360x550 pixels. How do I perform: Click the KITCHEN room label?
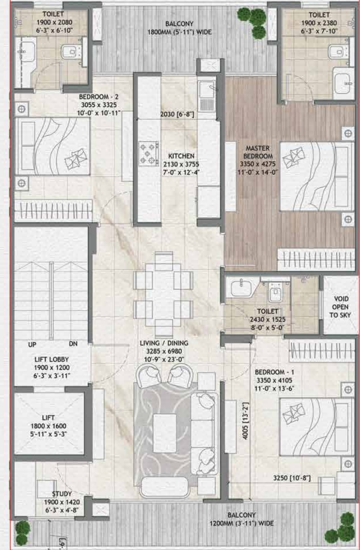coord(181,156)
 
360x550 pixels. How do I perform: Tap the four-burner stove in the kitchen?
coord(148,153)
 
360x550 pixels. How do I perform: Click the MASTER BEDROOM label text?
coord(258,152)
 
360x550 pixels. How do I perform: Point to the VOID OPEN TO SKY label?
coord(340,307)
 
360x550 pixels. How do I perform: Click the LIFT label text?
coord(48,418)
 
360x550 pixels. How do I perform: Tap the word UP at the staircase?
coord(32,345)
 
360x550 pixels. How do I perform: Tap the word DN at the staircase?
coord(73,344)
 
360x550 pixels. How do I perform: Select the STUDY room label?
coord(62,494)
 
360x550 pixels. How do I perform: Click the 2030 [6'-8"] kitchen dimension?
coord(177,114)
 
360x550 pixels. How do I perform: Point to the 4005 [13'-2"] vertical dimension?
coord(246,421)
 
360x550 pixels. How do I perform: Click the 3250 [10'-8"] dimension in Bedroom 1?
coord(292,478)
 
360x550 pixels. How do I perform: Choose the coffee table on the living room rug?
coord(165,433)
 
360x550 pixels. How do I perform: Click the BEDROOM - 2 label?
coord(99,97)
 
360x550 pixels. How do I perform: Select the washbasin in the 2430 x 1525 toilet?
coord(241,288)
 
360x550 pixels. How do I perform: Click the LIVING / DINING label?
coord(164,343)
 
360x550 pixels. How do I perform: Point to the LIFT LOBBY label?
coord(51,359)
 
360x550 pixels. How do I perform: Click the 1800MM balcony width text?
coord(179,32)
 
